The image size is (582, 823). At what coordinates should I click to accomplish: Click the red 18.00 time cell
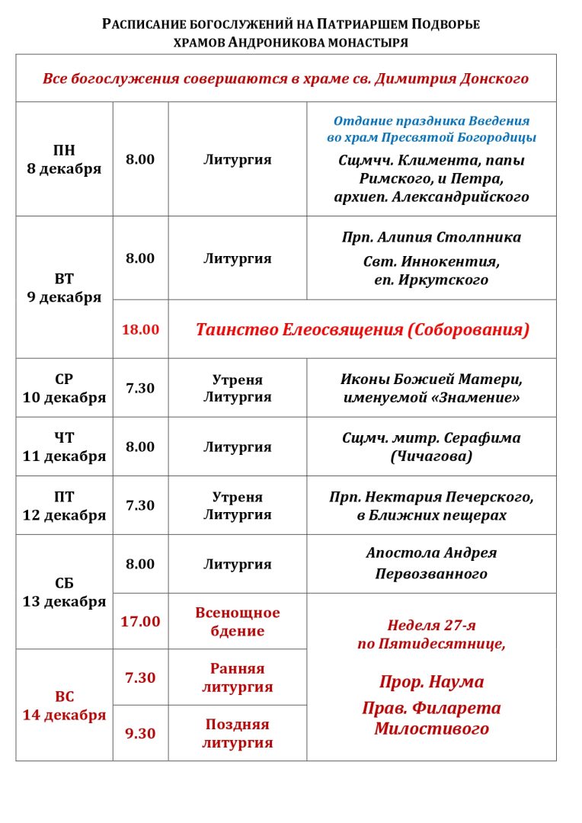coord(140,329)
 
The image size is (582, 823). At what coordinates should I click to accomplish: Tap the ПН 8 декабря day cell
coord(64,159)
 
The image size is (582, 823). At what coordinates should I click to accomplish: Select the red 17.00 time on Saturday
coord(140,621)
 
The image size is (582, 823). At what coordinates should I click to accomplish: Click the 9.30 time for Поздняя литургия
coord(140,733)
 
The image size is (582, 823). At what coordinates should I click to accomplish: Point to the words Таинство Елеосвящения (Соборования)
coord(362,329)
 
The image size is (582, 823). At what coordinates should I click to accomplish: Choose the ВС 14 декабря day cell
coord(64,706)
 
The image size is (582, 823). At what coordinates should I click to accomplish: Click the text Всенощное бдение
coord(237,622)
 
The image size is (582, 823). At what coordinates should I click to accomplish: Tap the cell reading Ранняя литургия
coord(237,677)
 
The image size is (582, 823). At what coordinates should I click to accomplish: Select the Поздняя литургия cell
coord(237,733)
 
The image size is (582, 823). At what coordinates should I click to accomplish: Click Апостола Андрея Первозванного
coord(431,563)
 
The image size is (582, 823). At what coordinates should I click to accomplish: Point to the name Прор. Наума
coord(431,681)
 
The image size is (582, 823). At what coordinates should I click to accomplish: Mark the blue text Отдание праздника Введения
coord(431,120)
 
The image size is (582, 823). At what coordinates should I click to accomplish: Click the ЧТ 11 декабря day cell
coord(64,447)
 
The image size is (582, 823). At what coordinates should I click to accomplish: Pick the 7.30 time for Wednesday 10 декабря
coord(140,388)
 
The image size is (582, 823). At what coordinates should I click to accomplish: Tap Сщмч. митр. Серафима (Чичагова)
coord(431,447)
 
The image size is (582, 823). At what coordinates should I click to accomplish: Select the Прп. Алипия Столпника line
coord(431,237)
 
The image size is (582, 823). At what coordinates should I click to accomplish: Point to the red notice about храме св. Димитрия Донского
coord(286,78)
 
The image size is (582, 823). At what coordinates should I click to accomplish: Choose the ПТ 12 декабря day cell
coord(64,506)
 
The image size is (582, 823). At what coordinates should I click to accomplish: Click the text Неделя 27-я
coord(431,625)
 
